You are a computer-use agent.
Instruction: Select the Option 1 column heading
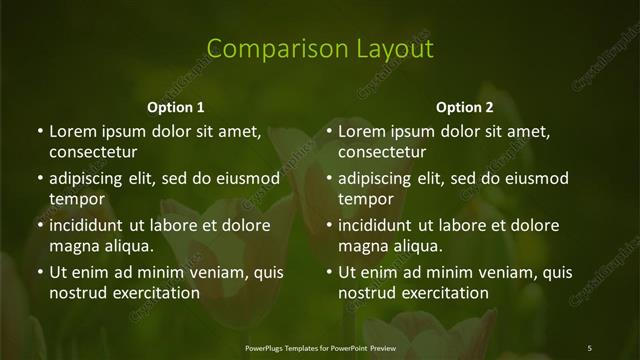176,107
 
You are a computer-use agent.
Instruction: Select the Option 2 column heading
465,107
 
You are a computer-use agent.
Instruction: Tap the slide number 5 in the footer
589,347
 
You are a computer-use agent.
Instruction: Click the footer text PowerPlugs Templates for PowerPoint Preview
320,347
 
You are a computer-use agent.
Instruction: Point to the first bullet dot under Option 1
40,132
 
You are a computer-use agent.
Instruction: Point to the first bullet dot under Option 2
329,132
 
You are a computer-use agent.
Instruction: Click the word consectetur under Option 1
93,153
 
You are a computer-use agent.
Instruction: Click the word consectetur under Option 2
382,153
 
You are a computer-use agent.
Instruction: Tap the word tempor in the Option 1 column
77,199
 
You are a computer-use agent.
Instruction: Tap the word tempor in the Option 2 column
366,199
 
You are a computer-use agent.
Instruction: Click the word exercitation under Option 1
153,293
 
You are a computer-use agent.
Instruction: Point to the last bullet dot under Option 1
40,272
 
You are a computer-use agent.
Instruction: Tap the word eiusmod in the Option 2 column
532,179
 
